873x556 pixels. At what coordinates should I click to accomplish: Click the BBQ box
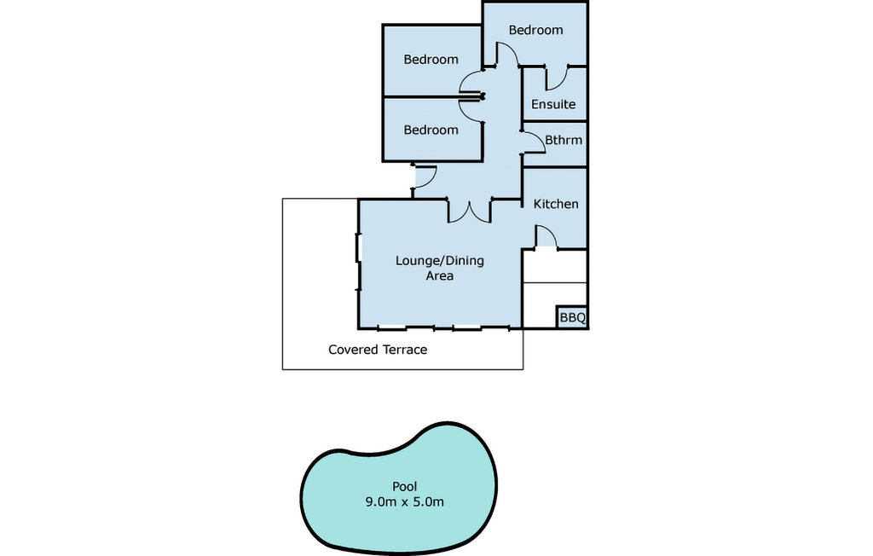572,317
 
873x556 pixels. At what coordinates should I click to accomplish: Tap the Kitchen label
556,204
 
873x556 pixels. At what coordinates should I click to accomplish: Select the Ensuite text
553,104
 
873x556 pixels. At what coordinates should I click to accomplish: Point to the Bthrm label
564,140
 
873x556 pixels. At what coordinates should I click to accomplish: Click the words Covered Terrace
378,350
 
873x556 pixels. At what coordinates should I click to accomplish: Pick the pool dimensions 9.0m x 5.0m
405,502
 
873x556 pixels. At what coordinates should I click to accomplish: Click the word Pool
405,486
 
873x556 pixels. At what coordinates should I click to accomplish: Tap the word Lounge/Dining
440,261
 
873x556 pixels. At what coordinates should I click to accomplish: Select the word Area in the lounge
440,275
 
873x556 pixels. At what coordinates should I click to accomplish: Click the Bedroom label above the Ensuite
535,30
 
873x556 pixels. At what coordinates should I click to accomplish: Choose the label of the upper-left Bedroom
431,59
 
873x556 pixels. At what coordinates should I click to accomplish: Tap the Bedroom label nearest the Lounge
431,130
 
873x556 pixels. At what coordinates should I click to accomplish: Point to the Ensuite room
555,93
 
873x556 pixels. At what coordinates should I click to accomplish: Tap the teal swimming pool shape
399,488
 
